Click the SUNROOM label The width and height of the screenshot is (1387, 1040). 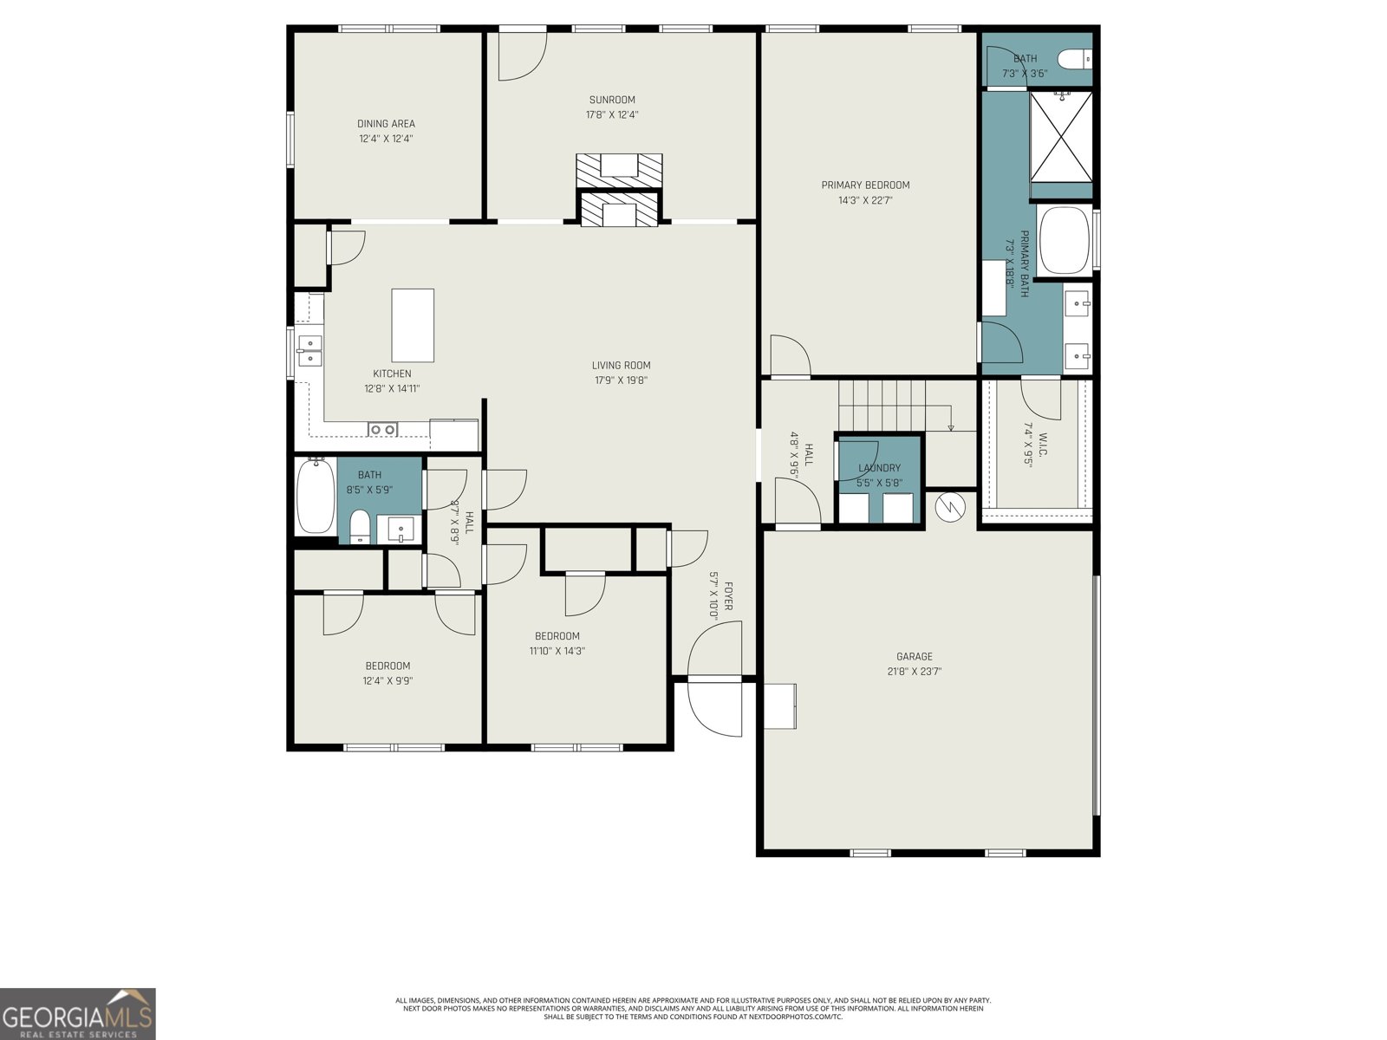click(612, 100)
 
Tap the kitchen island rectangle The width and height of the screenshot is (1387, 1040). click(413, 325)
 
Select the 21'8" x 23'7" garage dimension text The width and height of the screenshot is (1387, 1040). click(914, 672)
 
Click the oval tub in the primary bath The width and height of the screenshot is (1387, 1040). click(1064, 240)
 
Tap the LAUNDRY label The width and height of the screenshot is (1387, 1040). click(879, 468)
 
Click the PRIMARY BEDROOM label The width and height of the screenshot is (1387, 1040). click(865, 185)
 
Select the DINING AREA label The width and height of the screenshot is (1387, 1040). click(386, 124)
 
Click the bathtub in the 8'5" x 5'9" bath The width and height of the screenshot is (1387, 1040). click(315, 497)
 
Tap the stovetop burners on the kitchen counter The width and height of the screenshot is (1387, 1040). click(382, 429)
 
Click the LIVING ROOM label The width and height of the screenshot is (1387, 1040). click(621, 365)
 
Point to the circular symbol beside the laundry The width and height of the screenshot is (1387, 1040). click(950, 507)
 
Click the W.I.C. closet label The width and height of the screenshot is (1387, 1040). click(1043, 446)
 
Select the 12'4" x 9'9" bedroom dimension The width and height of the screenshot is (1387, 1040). click(387, 681)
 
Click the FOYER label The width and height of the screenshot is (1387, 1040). click(729, 596)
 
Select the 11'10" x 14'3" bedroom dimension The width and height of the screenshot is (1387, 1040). click(557, 651)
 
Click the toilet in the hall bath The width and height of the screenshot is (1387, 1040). click(360, 526)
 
